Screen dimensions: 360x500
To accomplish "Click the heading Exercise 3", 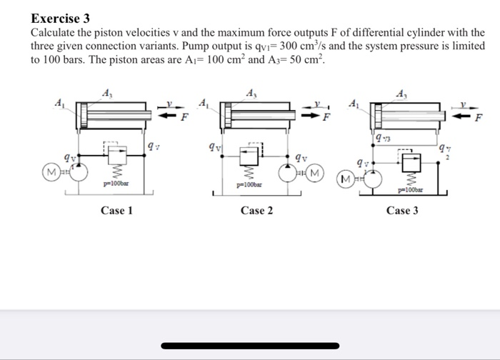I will point(61,19).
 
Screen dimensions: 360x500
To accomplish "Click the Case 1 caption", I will point(116,211).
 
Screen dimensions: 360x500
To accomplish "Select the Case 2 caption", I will point(256,211).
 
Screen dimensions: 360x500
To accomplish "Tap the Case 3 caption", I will point(402,211).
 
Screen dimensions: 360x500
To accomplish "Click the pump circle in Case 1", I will point(79,171).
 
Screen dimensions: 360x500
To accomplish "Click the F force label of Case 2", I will point(326,116).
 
